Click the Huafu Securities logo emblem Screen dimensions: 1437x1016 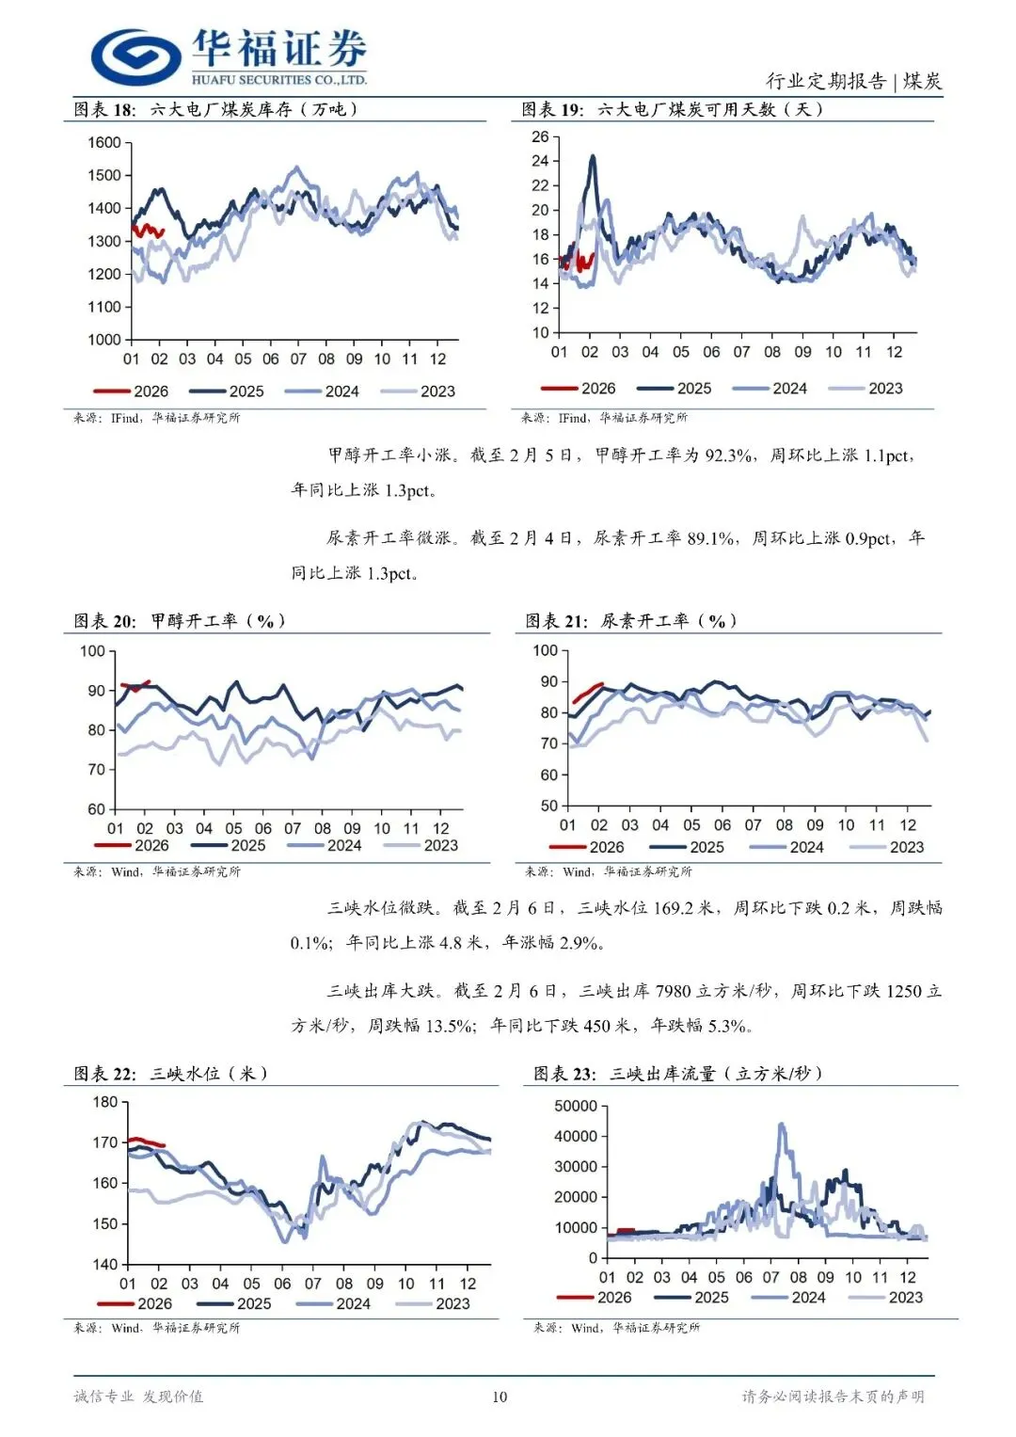click(135, 56)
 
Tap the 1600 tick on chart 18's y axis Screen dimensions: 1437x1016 click(104, 143)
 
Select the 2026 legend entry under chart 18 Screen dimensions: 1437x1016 click(132, 391)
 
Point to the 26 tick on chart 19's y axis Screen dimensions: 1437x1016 click(540, 137)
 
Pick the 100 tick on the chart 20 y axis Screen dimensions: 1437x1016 click(92, 651)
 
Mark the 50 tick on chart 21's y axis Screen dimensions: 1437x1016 click(548, 806)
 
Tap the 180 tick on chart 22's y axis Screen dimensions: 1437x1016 click(105, 1102)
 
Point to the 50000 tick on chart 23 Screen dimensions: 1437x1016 click(576, 1106)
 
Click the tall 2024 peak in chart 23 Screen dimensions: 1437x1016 click(782, 1126)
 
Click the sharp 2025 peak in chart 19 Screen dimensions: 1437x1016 click(592, 157)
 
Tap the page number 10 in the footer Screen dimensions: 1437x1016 click(500, 1397)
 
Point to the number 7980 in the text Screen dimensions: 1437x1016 click(674, 991)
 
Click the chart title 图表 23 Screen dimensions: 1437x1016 click(564, 1074)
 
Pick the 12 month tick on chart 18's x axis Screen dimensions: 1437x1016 click(437, 359)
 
